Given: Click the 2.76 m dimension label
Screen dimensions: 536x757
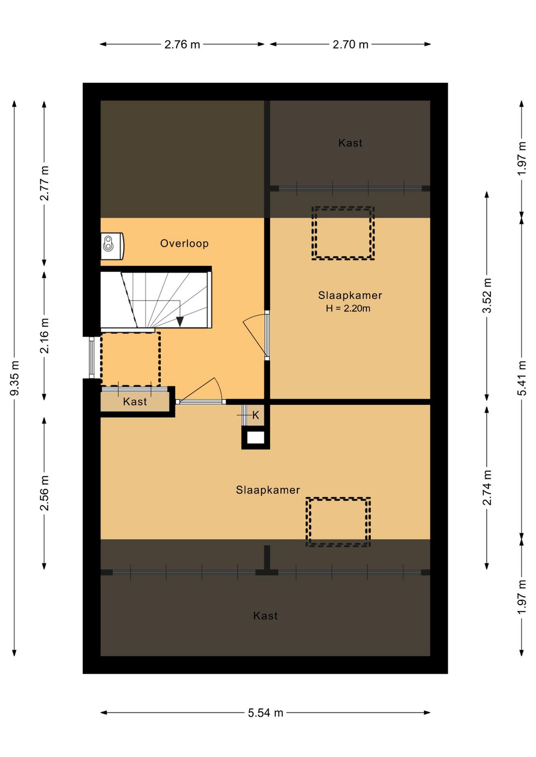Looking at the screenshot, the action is pos(182,45).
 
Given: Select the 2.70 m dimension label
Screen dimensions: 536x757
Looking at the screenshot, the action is pos(350,45).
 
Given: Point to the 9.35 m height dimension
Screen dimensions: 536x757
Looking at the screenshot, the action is pos(14,378).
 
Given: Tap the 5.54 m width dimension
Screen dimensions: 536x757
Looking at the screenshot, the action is pos(266,713).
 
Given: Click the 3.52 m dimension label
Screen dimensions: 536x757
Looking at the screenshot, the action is pos(487,296).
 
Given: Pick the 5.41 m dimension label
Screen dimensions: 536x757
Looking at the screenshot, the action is pos(522,378).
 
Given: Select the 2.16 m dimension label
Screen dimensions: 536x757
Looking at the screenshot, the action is pos(44,335).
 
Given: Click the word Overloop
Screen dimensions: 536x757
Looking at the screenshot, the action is pos(184,244).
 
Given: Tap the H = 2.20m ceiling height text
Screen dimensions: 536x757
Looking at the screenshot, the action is pos(348,308).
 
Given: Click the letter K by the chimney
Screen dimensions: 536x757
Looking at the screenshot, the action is pos(256,415).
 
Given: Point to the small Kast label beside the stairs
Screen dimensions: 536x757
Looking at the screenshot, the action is pos(135,402).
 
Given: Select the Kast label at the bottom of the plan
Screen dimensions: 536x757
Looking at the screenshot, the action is pos(266,616).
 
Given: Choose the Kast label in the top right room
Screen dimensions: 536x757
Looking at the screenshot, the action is pos(350,143).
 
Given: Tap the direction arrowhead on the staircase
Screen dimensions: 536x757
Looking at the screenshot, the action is pos(180,321).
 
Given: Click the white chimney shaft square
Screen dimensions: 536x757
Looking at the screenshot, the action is pos(256,438).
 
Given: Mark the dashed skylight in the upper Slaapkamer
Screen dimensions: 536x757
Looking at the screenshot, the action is pos(343,233).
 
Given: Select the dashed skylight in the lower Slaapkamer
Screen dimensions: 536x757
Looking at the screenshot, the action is pos(338,522).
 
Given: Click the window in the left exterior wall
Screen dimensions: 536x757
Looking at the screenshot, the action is pos(92,358).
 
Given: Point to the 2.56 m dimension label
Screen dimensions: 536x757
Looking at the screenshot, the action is pos(44,493).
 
